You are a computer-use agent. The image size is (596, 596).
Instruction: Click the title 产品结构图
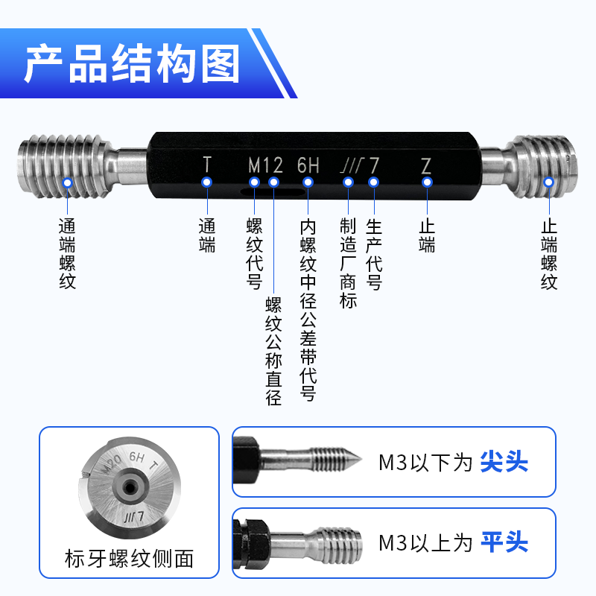coord(132,64)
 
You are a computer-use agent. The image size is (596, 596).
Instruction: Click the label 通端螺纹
coord(68,253)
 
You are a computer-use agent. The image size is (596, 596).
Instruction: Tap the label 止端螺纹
coord(549,253)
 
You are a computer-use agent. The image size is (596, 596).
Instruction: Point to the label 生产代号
coord(374,254)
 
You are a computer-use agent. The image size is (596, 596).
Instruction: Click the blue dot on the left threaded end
coord(68,183)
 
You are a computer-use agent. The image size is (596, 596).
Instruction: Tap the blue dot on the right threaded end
coord(549,183)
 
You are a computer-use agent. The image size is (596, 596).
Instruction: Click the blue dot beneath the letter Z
coord(426,183)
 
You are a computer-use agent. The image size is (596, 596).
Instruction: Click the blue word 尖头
coord(504,462)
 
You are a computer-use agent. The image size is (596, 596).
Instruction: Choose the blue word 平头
coord(504,542)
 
